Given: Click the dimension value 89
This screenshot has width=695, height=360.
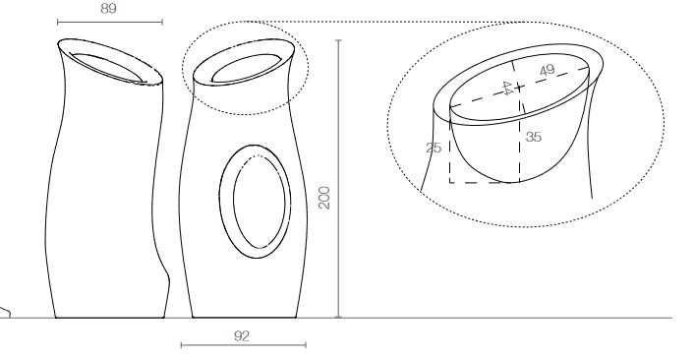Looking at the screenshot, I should [x=109, y=8].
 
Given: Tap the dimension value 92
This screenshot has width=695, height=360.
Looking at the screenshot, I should [x=243, y=335].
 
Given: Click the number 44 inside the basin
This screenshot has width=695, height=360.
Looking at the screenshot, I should [x=508, y=89].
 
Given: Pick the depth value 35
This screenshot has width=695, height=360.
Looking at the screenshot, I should [x=533, y=137].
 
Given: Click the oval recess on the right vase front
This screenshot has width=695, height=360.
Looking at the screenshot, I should [x=254, y=201].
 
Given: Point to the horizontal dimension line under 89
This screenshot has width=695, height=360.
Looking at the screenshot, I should [x=109, y=22].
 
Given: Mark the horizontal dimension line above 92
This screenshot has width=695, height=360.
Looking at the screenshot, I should [x=244, y=345].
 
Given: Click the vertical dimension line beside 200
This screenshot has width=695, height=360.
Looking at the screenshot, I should [x=338, y=177].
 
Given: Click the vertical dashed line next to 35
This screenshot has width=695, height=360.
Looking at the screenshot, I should [x=518, y=148].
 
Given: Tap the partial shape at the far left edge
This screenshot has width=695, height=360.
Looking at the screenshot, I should [x=5, y=314].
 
